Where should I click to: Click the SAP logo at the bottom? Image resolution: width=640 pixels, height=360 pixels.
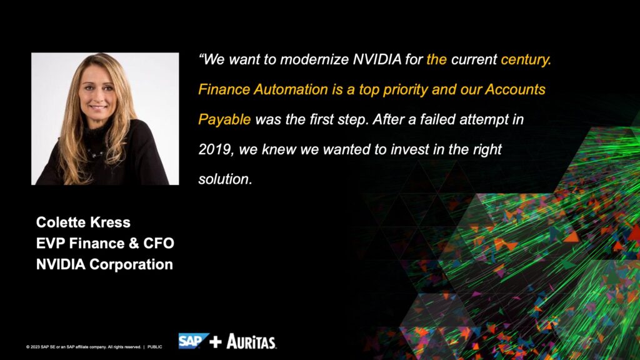[x=194, y=341]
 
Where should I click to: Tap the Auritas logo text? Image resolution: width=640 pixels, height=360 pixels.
[x=251, y=342]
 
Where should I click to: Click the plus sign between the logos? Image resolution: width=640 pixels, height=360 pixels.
[x=216, y=342]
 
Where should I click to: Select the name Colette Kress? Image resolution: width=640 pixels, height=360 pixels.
[x=83, y=222]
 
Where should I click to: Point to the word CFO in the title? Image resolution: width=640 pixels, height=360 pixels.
[x=159, y=243]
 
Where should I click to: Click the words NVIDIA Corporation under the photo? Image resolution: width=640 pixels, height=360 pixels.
[x=104, y=264]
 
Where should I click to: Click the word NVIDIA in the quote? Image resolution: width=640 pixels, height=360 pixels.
[x=377, y=59]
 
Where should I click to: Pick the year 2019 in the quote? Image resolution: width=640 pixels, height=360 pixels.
[x=216, y=149]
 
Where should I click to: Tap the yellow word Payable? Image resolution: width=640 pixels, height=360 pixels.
[x=224, y=119]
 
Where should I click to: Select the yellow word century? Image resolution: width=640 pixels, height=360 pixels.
[x=526, y=60]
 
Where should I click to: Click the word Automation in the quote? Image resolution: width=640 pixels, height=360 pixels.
[x=291, y=89]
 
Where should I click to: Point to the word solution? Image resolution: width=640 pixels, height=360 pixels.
[x=225, y=179]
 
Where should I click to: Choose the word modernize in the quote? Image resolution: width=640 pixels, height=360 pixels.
[x=314, y=59]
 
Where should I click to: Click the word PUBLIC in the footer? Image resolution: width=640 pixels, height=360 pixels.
[x=155, y=347]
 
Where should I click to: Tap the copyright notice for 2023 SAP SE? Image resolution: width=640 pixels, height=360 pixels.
[x=83, y=347]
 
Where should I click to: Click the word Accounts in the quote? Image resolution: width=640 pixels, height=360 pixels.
[x=515, y=89]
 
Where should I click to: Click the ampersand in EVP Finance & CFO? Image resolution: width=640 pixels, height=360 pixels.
[x=134, y=243]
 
